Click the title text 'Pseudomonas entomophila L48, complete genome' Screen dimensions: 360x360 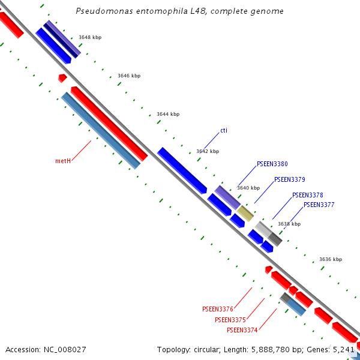(x=180, y=11)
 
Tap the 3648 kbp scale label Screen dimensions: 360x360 (x=90, y=38)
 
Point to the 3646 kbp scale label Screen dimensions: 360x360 (x=129, y=76)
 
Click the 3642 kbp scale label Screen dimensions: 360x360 (x=208, y=152)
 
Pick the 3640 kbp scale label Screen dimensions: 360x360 (x=248, y=188)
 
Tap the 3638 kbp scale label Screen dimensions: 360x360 (x=289, y=224)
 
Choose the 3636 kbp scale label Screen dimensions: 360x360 (x=331, y=260)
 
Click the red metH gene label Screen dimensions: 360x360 (x=63, y=161)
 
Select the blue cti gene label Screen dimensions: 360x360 (x=224, y=130)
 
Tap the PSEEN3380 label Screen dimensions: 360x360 (x=272, y=164)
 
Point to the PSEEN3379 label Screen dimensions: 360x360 (x=290, y=179)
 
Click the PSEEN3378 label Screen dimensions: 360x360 (x=308, y=195)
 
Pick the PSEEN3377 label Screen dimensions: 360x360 (x=319, y=205)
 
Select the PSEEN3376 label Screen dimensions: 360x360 (x=218, y=309)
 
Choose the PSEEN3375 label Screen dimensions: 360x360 (x=230, y=320)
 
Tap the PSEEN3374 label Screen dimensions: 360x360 (x=242, y=330)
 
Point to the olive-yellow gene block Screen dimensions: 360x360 (x=245, y=213)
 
